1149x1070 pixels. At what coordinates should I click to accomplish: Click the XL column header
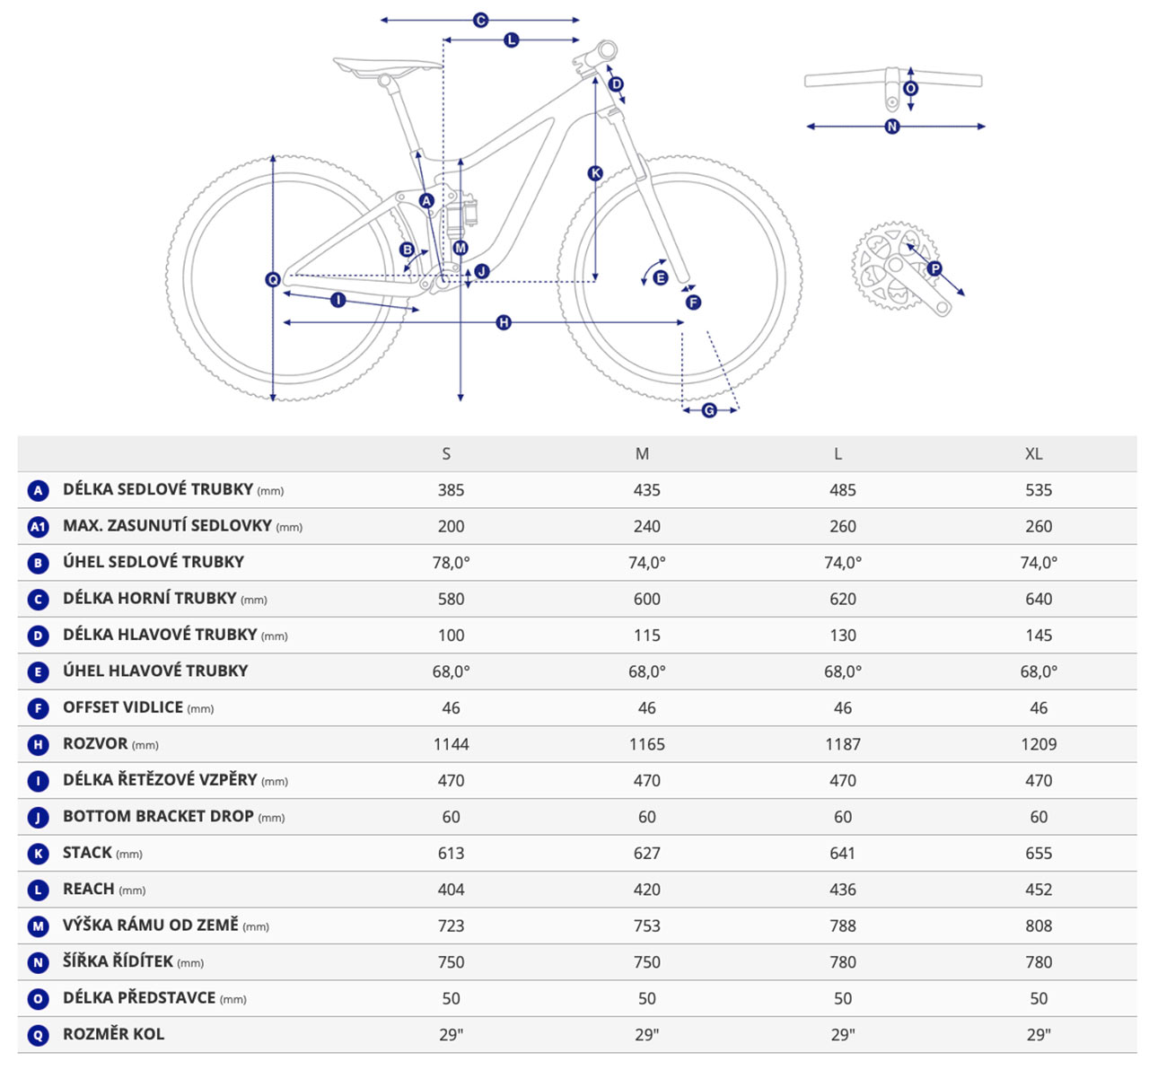pyautogui.click(x=1033, y=454)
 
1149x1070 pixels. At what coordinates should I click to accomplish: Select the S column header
pyautogui.click(x=446, y=454)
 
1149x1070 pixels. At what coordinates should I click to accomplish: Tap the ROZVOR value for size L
pyautogui.click(x=842, y=744)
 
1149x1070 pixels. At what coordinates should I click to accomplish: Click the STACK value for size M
pyautogui.click(x=646, y=853)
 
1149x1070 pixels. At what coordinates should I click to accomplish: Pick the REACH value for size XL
pyautogui.click(x=1039, y=890)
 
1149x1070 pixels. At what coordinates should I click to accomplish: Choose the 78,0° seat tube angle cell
pyautogui.click(x=451, y=563)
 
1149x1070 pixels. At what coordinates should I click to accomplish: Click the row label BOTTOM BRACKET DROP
pyautogui.click(x=158, y=817)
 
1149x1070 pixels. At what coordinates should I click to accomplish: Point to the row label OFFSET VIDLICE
pyautogui.click(x=123, y=707)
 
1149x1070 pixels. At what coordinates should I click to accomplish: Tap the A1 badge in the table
pyautogui.click(x=38, y=527)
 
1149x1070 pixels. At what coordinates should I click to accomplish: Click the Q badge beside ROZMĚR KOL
pyautogui.click(x=38, y=1035)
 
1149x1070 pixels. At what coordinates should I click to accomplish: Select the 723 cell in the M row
pyautogui.click(x=451, y=925)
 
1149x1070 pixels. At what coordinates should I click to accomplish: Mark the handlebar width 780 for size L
pyautogui.click(x=842, y=962)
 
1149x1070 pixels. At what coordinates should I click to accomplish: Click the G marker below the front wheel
pyautogui.click(x=709, y=410)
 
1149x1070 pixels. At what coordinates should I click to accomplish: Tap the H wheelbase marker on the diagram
pyautogui.click(x=504, y=322)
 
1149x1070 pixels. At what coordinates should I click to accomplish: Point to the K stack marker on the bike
pyautogui.click(x=595, y=173)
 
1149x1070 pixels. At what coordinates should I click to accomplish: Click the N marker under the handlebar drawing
pyautogui.click(x=892, y=127)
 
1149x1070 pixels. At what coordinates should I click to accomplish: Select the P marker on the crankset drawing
pyautogui.click(x=934, y=268)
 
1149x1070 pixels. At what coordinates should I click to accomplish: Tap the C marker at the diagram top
pyautogui.click(x=480, y=20)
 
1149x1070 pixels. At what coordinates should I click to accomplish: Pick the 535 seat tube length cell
pyautogui.click(x=1039, y=490)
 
